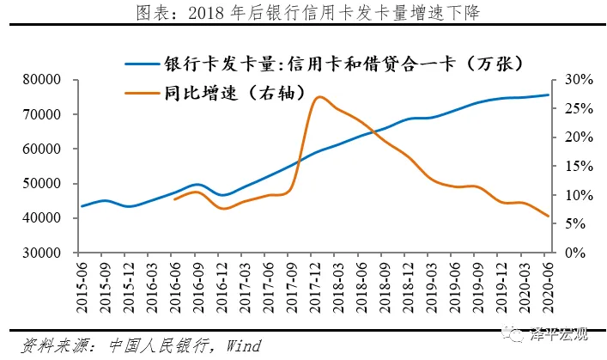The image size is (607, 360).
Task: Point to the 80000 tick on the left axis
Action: [49, 80]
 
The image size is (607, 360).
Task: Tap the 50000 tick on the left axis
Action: [49, 184]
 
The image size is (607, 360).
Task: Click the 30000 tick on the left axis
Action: [49, 253]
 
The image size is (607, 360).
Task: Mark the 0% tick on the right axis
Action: [574, 253]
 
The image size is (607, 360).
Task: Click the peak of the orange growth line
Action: [319, 97]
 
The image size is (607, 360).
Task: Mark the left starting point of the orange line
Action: [174, 199]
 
